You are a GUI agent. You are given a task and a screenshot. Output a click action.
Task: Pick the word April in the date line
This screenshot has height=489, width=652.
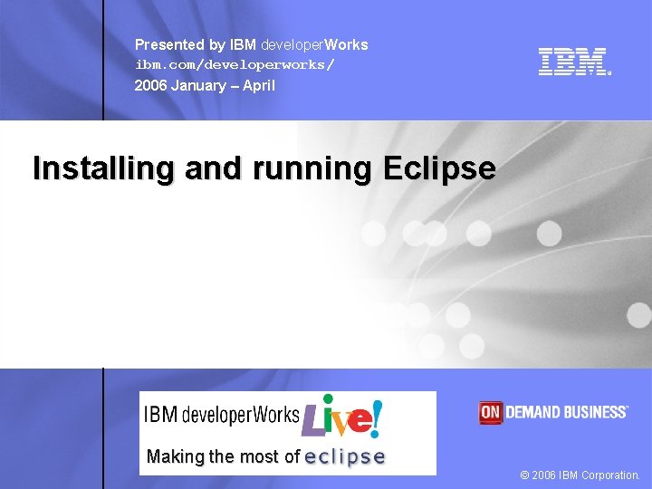[x=258, y=86]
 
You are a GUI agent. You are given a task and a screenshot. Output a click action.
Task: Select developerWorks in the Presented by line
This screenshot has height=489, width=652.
[x=314, y=44]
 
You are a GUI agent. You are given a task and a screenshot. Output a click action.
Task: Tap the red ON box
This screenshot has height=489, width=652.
[x=490, y=412]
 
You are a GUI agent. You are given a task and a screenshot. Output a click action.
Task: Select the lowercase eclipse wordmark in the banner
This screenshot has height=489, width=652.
[x=345, y=457]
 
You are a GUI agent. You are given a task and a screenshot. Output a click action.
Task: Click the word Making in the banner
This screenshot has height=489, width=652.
[x=175, y=457]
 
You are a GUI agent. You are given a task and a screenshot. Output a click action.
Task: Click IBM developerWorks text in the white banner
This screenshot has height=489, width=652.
[x=222, y=416]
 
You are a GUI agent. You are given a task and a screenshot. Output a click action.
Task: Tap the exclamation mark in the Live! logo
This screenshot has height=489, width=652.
[x=376, y=417]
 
